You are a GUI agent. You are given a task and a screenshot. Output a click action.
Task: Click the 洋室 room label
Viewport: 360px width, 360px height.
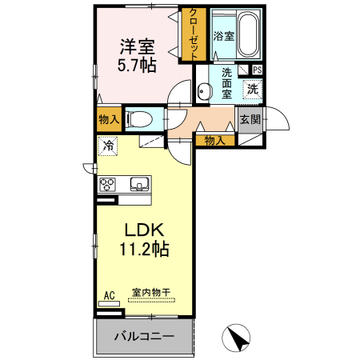138,46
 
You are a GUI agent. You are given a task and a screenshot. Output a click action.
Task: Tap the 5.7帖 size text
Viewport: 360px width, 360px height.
137,65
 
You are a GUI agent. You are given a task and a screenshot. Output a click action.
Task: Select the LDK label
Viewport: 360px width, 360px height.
144,230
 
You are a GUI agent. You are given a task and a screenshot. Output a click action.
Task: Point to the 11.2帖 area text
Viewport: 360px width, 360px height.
144,249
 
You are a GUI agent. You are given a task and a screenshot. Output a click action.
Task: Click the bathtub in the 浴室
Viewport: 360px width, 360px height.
248,34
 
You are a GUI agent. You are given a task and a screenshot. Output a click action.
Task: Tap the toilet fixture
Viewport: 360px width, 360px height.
138,119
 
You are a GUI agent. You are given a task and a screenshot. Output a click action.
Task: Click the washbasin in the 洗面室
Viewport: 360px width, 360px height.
204,91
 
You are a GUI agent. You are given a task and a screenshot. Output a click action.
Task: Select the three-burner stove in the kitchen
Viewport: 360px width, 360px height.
107,184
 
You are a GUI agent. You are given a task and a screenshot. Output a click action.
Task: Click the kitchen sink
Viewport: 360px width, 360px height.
139,184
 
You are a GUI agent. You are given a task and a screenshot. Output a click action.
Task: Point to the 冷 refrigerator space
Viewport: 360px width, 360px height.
108,146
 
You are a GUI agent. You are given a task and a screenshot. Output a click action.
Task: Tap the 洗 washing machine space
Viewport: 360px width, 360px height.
252,89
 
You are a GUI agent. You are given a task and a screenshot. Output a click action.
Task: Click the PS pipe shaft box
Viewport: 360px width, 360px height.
257,70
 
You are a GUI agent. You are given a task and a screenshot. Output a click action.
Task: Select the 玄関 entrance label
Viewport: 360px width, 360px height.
250,119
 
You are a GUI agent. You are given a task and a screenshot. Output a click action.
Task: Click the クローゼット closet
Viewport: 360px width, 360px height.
194,34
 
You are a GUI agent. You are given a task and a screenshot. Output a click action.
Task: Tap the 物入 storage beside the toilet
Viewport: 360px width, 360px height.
109,119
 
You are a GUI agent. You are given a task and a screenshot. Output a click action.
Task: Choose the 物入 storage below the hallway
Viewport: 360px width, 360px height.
215,141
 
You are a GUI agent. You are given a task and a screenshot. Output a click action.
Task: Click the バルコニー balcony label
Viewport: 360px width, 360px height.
144,336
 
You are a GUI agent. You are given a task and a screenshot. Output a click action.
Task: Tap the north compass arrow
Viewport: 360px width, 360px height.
236,338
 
